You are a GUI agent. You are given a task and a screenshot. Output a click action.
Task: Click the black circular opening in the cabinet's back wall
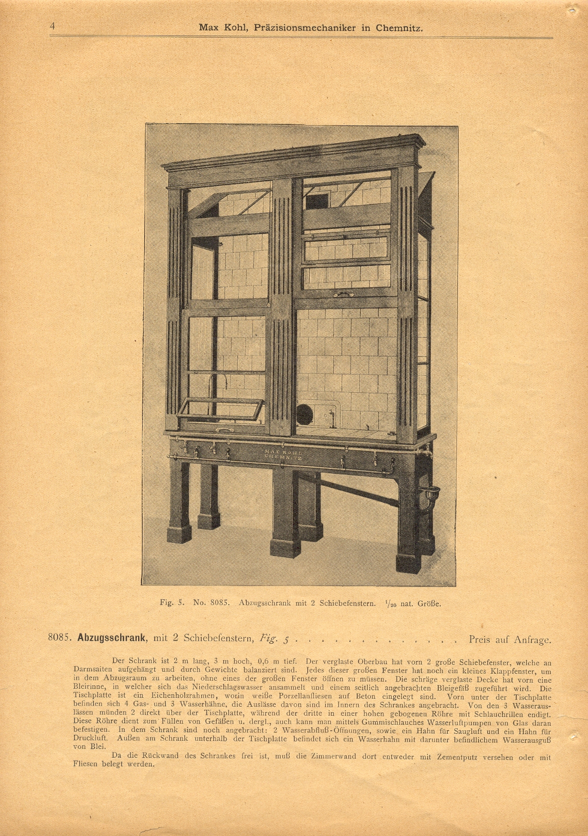[x=304, y=413]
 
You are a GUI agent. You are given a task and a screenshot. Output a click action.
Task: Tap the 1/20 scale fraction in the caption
[x=387, y=604]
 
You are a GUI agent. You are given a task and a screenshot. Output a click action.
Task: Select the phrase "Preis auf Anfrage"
[x=510, y=639]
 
